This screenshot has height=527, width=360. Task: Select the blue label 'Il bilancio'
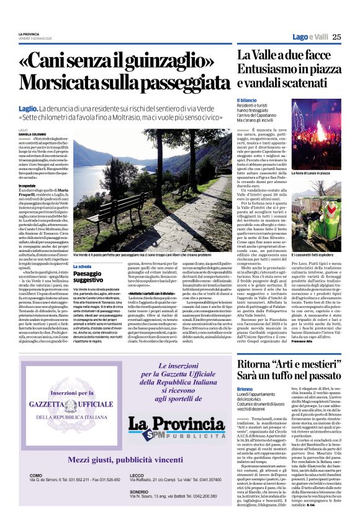click(245, 100)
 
